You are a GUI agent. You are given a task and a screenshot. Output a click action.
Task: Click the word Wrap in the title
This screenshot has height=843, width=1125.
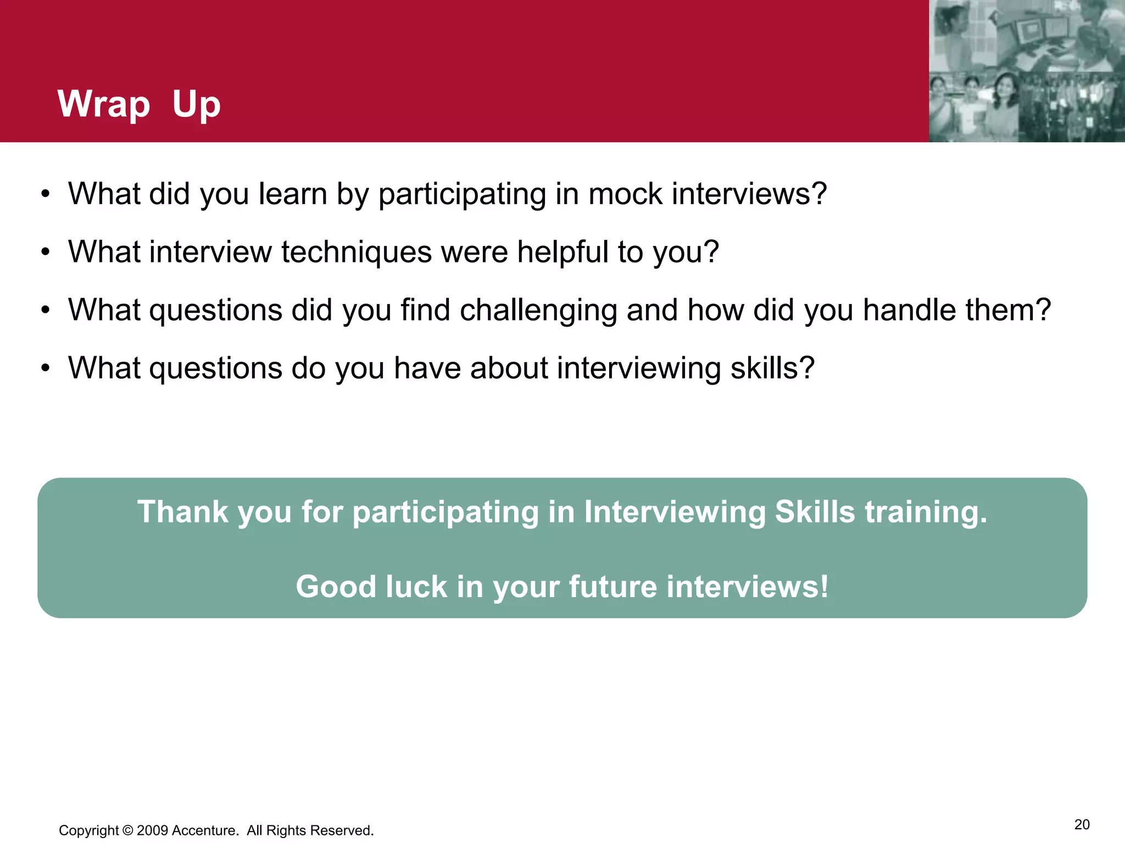(x=104, y=104)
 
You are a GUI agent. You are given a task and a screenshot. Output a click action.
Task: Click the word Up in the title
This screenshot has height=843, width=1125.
(x=196, y=104)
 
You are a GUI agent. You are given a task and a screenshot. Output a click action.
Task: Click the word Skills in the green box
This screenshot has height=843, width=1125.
(x=815, y=512)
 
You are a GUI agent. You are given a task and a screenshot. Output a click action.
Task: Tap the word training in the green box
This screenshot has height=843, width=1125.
(x=926, y=512)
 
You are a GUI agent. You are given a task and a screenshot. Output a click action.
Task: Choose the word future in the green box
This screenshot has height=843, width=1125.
(x=613, y=586)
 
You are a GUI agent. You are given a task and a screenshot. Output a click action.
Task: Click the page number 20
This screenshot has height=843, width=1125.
(x=1082, y=825)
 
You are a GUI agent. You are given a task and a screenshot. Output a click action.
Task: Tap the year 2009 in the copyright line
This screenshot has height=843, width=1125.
(x=152, y=830)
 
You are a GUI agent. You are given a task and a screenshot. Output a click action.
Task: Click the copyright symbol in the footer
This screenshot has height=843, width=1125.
(x=128, y=830)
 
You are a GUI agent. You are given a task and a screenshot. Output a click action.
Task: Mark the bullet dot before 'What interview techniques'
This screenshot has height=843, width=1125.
(x=46, y=252)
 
